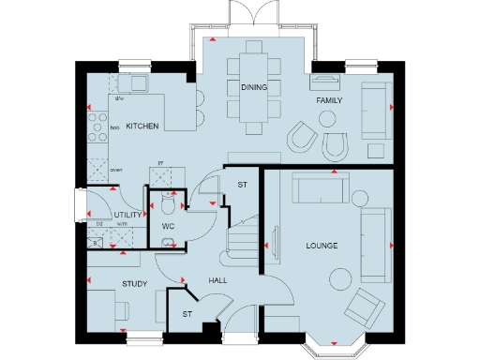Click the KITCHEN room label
[142, 126]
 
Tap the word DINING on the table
[253, 87]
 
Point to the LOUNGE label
[322, 246]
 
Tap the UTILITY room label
[127, 216]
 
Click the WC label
[168, 226]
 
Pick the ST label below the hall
[187, 313]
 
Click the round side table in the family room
[327, 118]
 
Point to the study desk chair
[122, 310]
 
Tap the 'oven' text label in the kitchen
[116, 170]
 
